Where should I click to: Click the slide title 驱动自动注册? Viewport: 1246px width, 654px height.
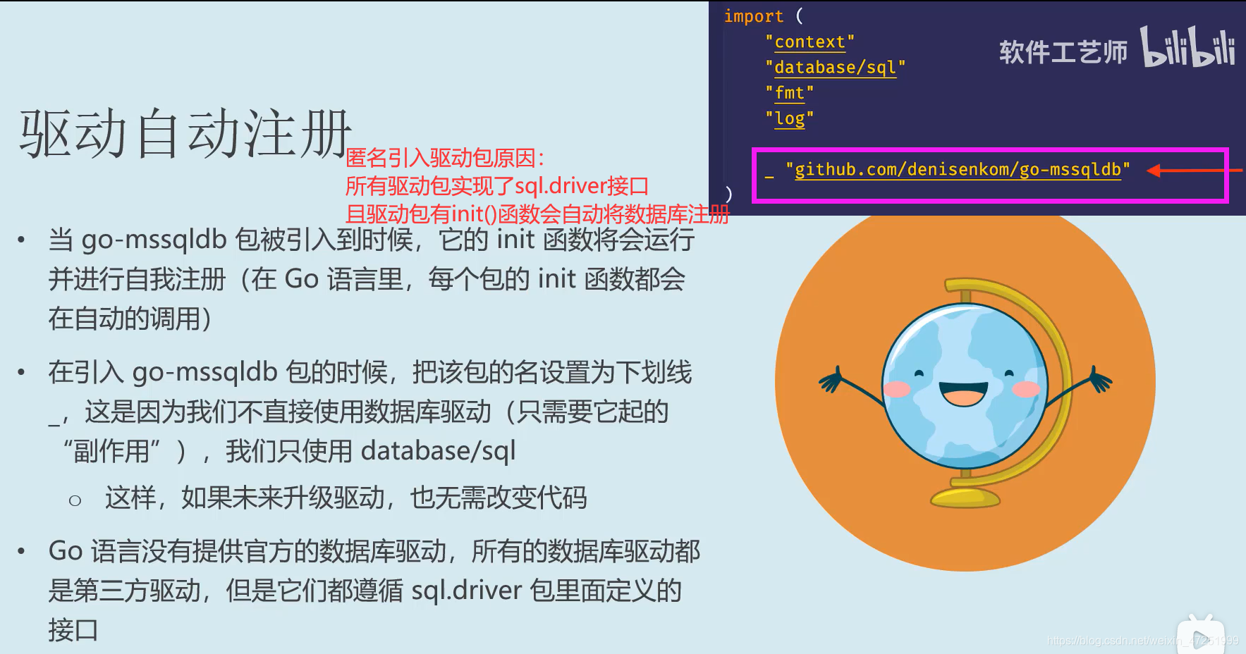tap(185, 134)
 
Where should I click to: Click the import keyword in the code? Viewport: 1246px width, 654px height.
tap(753, 16)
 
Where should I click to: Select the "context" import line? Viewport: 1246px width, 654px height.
tap(810, 42)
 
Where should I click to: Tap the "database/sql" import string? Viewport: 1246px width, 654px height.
tap(835, 68)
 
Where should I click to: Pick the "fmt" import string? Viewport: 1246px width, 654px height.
tap(789, 93)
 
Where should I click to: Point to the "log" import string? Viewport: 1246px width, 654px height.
tap(789, 118)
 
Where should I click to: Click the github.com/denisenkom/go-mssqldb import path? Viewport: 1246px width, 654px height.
tap(957, 170)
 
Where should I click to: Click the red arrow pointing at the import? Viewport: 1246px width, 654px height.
tap(1192, 171)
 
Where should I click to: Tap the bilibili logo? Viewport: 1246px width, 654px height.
tap(1187, 48)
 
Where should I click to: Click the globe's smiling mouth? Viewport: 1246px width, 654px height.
tap(963, 394)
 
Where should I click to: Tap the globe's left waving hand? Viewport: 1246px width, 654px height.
tap(832, 379)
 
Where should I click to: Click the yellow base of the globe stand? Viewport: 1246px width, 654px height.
tap(965, 498)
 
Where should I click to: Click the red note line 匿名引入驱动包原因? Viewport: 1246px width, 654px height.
tap(444, 158)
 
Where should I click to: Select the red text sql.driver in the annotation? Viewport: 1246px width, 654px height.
tap(561, 186)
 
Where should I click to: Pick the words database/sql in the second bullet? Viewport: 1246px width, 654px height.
tap(438, 451)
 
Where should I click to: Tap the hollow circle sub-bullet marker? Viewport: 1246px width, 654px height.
tap(75, 500)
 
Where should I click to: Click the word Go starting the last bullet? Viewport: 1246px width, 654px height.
tap(66, 551)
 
